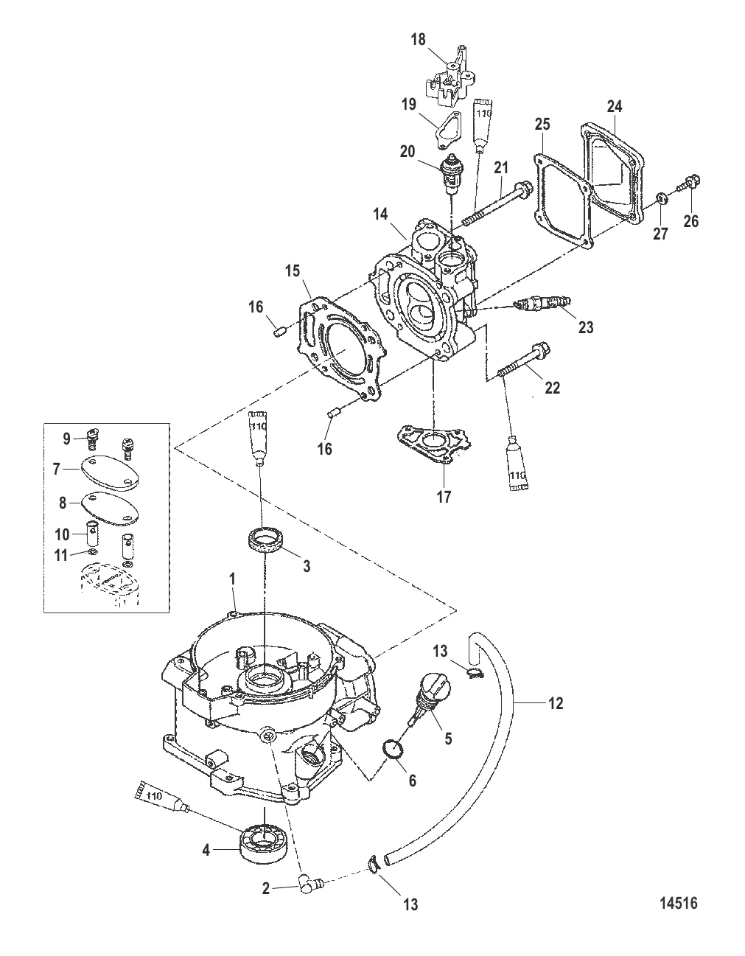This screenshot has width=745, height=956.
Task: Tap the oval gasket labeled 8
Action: (x=110, y=504)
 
